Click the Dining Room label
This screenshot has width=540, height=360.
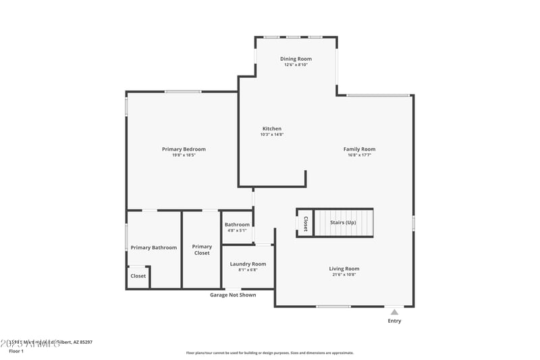point(296,59)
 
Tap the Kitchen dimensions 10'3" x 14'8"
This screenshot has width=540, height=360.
point(271,134)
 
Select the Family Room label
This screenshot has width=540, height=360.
point(359,149)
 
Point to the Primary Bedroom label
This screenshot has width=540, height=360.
point(184,149)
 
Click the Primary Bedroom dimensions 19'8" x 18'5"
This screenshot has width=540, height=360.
point(184,155)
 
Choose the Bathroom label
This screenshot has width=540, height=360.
point(237,224)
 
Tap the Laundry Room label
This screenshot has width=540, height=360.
point(248,263)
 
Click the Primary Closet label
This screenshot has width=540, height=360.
point(202,250)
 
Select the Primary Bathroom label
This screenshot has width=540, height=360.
point(154,247)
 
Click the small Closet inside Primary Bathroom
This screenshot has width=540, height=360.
point(138,276)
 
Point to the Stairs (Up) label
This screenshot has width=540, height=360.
point(343,222)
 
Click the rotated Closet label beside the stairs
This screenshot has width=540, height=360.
point(305,224)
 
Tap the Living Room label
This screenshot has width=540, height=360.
point(344,268)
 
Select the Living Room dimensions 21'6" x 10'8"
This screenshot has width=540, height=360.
point(344,275)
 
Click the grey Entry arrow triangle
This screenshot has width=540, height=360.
point(394,312)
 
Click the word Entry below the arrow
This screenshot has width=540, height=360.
point(394,321)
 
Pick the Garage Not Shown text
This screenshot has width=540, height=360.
point(233,294)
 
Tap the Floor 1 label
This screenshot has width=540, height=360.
point(16,351)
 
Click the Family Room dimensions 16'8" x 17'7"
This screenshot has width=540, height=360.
point(359,155)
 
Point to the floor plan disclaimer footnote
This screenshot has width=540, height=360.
point(269,353)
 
